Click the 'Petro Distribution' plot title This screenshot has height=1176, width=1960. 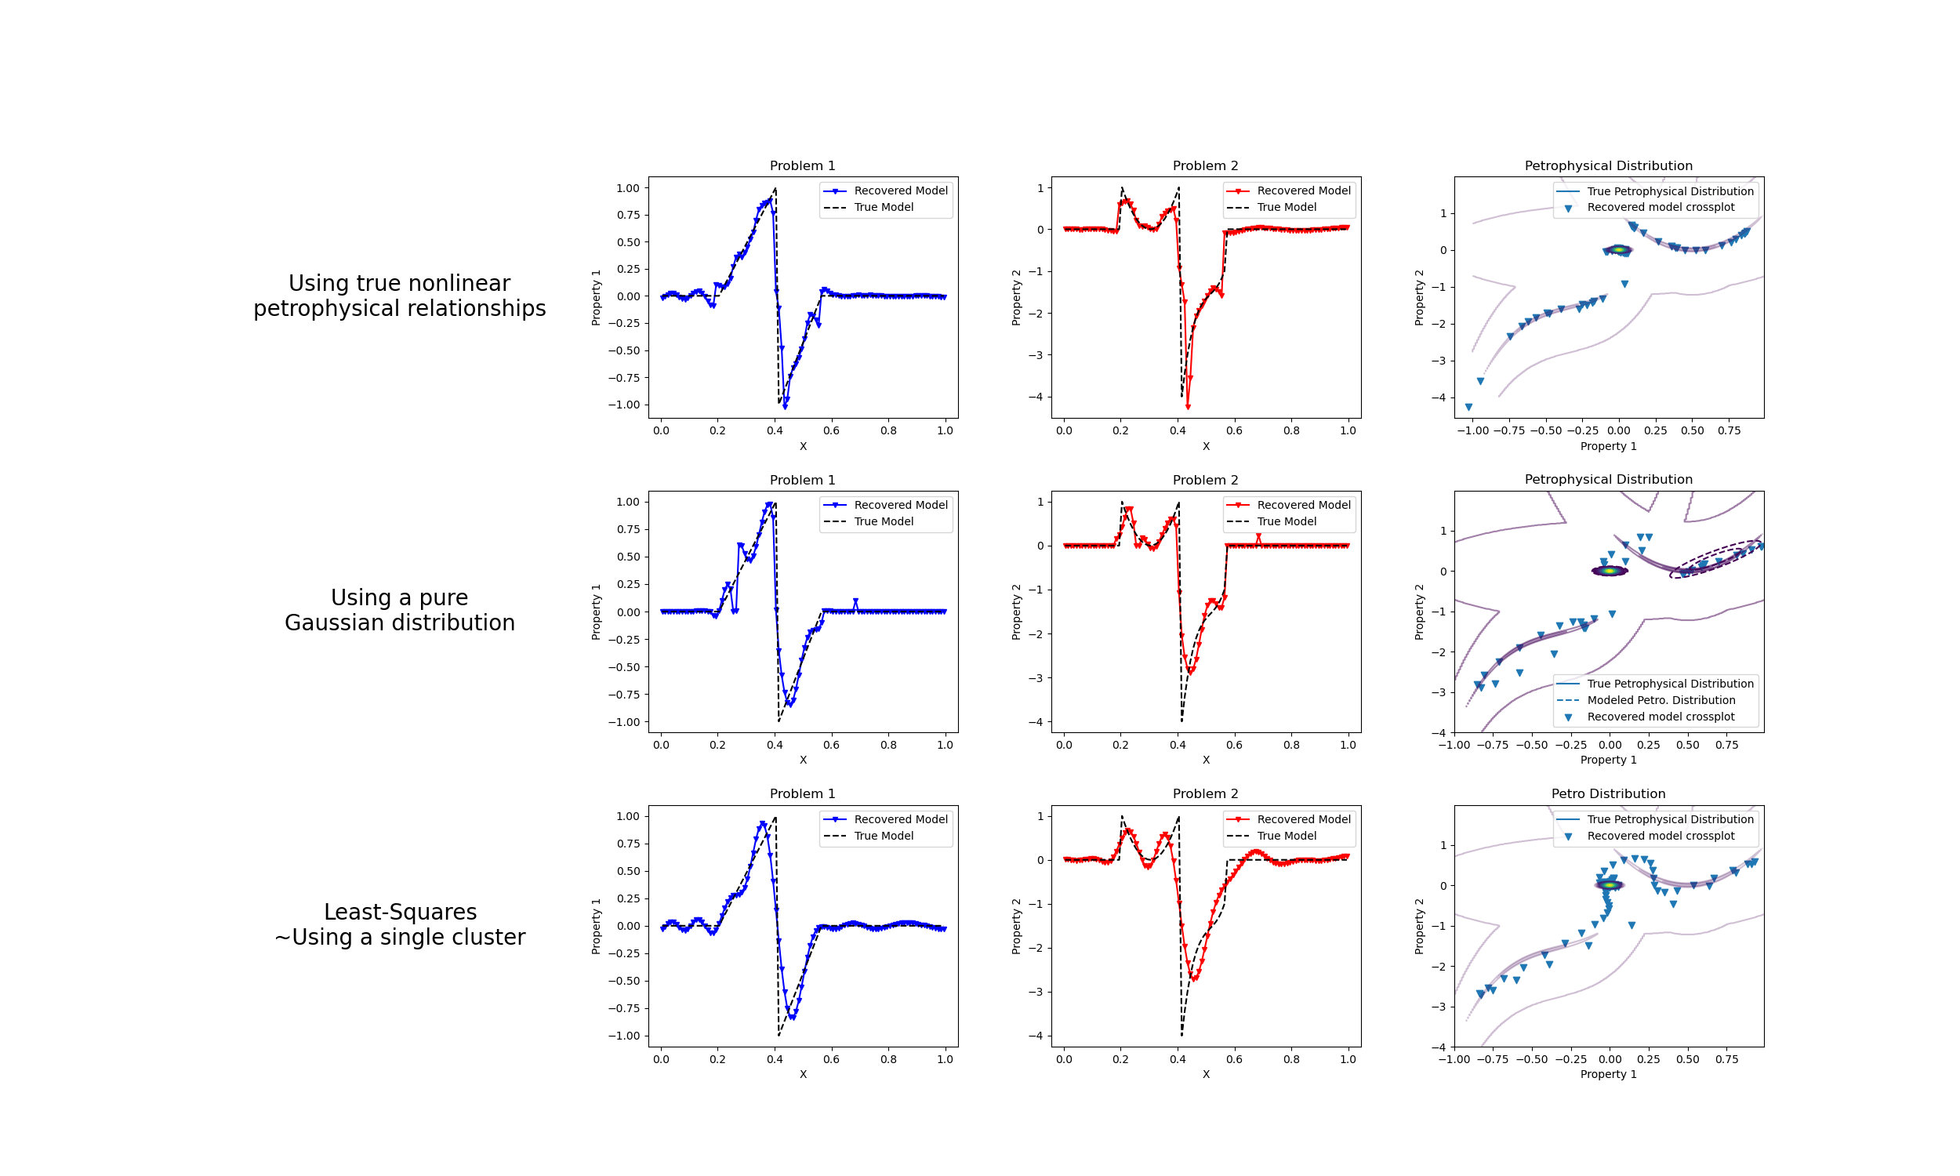[1607, 793]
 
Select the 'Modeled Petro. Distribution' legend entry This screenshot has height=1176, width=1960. [1661, 700]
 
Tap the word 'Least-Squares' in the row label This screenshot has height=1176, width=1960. [400, 911]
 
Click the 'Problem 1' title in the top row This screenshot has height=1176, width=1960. [802, 165]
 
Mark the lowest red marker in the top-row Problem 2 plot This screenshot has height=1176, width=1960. [1188, 407]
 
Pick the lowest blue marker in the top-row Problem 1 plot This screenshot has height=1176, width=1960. [785, 407]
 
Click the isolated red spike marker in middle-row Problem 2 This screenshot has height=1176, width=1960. [1258, 537]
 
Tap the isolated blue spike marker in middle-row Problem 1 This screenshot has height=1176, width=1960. [855, 601]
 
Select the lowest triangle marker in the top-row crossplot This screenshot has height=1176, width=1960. [1468, 408]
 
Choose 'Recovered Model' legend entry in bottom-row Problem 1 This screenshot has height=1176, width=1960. [900, 819]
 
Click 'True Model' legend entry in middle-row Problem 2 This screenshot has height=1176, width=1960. [1286, 521]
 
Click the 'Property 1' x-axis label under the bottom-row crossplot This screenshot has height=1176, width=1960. [1607, 1074]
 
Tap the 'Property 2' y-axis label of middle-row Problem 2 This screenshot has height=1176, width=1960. [1015, 612]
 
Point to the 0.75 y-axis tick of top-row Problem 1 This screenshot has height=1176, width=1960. [627, 215]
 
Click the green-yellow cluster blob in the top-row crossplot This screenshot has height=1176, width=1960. [1618, 249]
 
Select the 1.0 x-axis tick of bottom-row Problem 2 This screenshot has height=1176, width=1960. [1348, 1058]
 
